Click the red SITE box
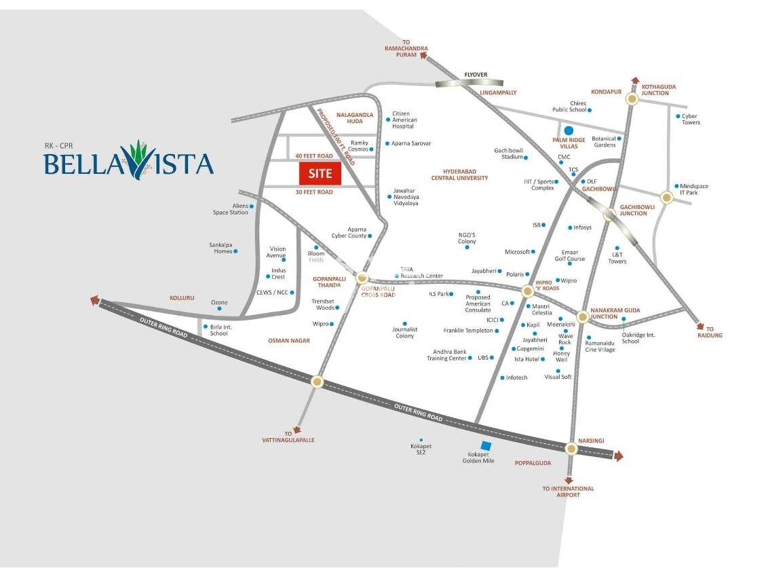pyautogui.click(x=320, y=173)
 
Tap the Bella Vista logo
pyautogui.click(x=129, y=161)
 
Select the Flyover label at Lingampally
pyautogui.click(x=476, y=75)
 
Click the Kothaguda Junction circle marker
pyautogui.click(x=632, y=98)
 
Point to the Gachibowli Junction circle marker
pyautogui.click(x=610, y=215)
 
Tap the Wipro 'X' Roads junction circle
pyautogui.click(x=527, y=291)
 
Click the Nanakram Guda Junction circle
pyautogui.click(x=582, y=316)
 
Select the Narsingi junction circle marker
pyautogui.click(x=571, y=448)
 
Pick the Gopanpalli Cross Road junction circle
pyautogui.click(x=362, y=278)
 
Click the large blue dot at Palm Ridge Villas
pyautogui.click(x=569, y=130)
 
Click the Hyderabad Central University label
pyautogui.click(x=459, y=174)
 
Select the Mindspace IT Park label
pyautogui.click(x=693, y=189)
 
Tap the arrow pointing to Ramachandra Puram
pyautogui.click(x=424, y=57)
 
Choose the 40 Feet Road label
pyautogui.click(x=315, y=156)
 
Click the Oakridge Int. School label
pyautogui.click(x=640, y=337)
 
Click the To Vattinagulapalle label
pyautogui.click(x=288, y=437)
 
